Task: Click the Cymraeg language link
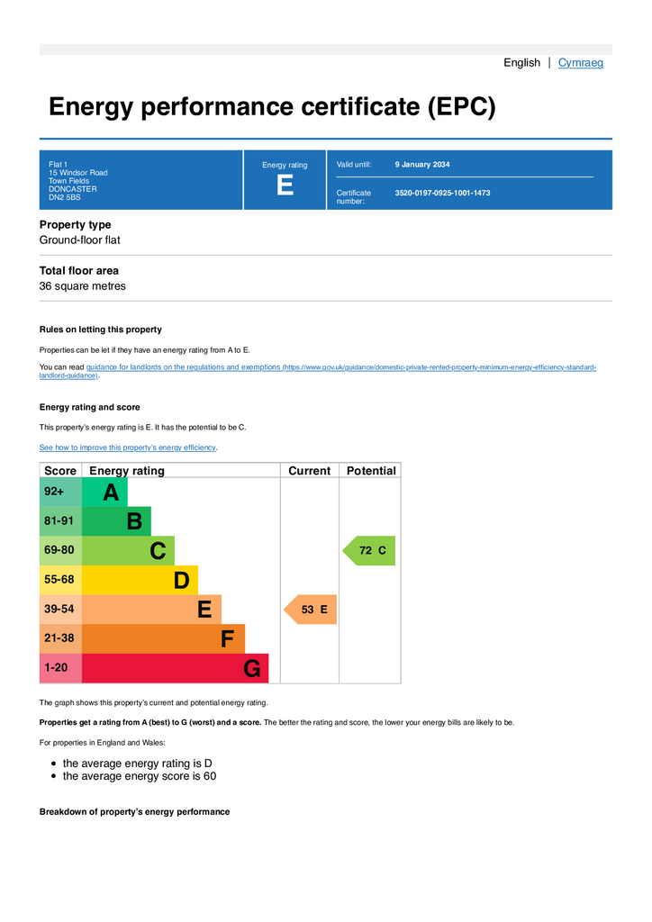(580, 63)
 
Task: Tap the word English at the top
(521, 63)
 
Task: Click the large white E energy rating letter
(285, 185)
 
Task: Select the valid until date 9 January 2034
(422, 165)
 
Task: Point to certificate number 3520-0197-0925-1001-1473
(442, 193)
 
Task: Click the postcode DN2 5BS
(64, 197)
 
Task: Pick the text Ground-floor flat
(79, 240)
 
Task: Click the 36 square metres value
(82, 286)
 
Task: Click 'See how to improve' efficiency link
(128, 447)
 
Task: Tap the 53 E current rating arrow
(312, 610)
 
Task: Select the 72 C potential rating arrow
(369, 550)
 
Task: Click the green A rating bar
(105, 493)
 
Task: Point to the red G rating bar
(175, 669)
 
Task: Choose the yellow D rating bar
(140, 580)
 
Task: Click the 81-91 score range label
(59, 520)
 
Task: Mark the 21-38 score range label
(59, 638)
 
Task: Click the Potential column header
(370, 471)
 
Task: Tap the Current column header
(309, 471)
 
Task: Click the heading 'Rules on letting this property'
(100, 330)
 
